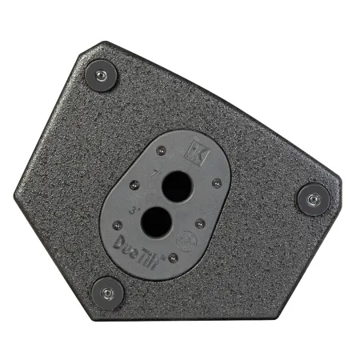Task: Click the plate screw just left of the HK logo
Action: click(x=162, y=150)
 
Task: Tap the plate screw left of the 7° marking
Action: click(x=134, y=186)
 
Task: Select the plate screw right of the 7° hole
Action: click(x=216, y=183)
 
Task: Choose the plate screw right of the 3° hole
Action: click(x=198, y=224)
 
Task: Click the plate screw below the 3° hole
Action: click(x=172, y=258)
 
